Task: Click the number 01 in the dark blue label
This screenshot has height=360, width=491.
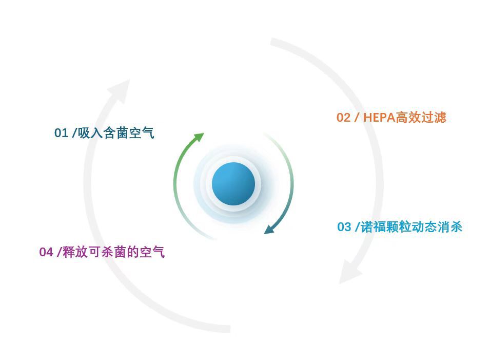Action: coord(61,134)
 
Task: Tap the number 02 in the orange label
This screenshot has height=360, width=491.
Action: coord(343,118)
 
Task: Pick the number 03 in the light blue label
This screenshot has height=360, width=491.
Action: coord(344,227)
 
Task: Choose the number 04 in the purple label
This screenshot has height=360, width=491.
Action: coord(46,252)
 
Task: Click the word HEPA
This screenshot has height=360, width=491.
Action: coord(379,118)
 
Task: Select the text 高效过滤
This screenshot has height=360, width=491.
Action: coord(421,118)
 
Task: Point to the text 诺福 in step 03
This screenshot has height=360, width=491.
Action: coord(374,227)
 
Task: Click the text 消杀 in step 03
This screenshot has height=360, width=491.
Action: coord(450,227)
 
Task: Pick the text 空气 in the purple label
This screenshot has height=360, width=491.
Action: coord(152,252)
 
